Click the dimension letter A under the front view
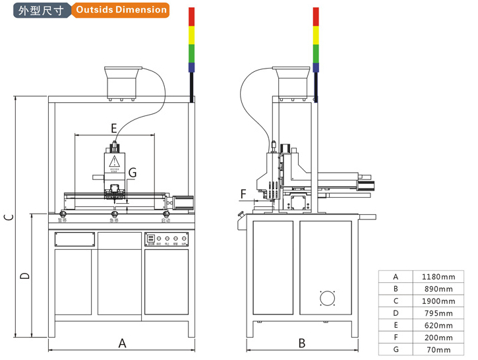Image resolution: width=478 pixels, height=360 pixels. pyautogui.click(x=122, y=343)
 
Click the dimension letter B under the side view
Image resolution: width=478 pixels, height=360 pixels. pyautogui.click(x=302, y=343)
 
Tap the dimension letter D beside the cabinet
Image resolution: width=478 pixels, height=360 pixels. pyautogui.click(x=24, y=276)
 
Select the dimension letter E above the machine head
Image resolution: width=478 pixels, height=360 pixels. pyautogui.click(x=113, y=127)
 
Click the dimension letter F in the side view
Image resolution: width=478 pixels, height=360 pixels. pyautogui.click(x=243, y=194)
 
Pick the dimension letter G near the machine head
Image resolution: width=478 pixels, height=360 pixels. pyautogui.click(x=133, y=173)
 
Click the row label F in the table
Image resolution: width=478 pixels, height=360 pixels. pyautogui.click(x=396, y=338)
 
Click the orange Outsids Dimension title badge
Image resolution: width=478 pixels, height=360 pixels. pyautogui.click(x=120, y=10)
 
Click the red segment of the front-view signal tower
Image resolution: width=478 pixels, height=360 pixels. pyautogui.click(x=192, y=17)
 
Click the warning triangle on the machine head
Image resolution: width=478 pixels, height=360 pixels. pyautogui.click(x=114, y=162)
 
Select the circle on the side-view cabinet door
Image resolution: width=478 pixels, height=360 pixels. pyautogui.click(x=328, y=299)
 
